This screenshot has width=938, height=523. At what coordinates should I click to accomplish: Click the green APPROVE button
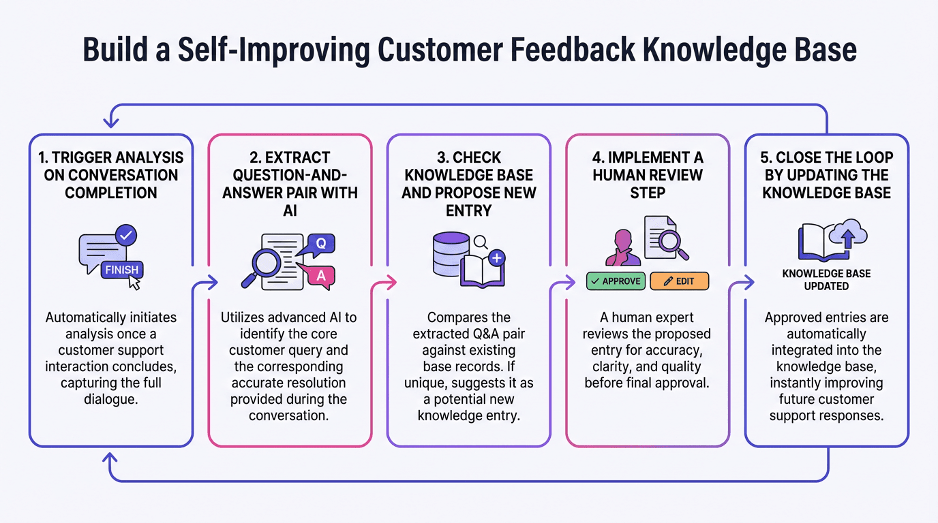(615, 281)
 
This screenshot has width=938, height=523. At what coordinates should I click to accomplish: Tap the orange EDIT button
(679, 281)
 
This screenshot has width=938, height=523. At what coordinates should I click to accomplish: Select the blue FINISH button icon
(121, 270)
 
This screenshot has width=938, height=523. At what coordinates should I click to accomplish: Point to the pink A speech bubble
(321, 275)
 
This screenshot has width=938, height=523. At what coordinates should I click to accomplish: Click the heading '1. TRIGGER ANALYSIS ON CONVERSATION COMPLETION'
(111, 176)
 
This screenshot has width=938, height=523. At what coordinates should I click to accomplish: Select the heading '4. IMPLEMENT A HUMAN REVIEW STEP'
(648, 176)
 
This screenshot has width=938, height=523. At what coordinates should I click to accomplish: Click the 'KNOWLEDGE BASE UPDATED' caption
(826, 280)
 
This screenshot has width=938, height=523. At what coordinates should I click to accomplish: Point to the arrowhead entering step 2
(212, 281)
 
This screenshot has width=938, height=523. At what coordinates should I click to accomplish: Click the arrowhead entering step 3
(391, 281)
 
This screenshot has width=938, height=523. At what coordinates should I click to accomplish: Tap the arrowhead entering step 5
(749, 281)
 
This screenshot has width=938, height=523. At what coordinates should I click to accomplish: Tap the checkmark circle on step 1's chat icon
(126, 236)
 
